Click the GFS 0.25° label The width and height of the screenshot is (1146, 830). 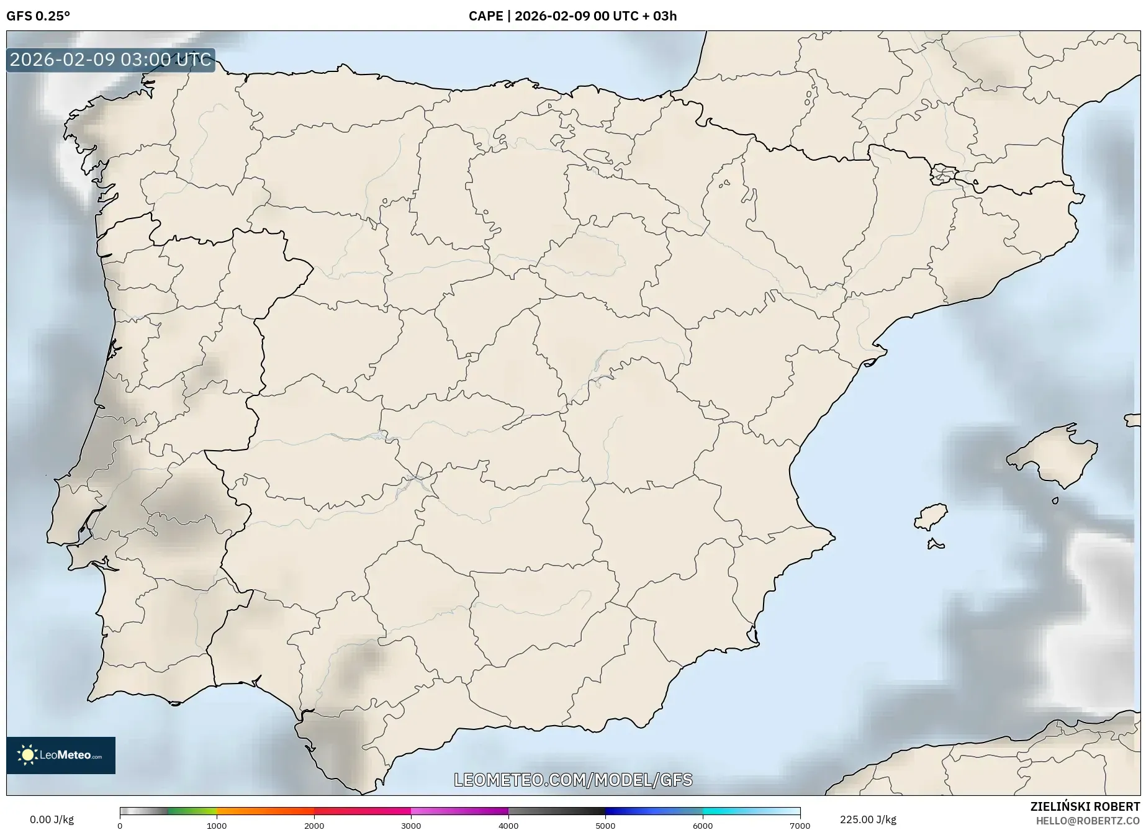point(38,16)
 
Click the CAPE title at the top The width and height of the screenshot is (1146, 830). point(572,16)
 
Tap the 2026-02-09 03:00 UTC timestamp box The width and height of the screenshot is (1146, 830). point(111,60)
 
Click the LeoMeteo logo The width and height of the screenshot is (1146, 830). point(61,755)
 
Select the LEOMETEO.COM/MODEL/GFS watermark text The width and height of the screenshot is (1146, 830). point(573,780)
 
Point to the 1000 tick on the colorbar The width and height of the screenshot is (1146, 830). point(217,825)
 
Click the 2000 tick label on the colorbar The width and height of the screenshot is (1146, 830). point(314,825)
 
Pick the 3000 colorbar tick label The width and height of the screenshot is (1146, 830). point(411,825)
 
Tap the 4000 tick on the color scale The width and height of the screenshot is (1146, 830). point(508,825)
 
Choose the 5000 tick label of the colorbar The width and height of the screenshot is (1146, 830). point(605,825)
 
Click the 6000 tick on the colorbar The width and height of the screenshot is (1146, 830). point(703,825)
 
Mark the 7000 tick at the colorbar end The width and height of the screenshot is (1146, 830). point(800,825)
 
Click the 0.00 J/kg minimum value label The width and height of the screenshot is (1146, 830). point(52,819)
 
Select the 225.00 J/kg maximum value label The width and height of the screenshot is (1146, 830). point(868,819)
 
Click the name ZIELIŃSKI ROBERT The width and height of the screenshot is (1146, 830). point(1085,807)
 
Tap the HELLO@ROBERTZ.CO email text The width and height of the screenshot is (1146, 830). point(1088,821)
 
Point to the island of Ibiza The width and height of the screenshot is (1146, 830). point(931,516)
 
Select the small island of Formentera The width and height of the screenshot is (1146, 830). point(936,545)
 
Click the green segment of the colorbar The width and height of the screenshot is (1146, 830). point(192,811)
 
